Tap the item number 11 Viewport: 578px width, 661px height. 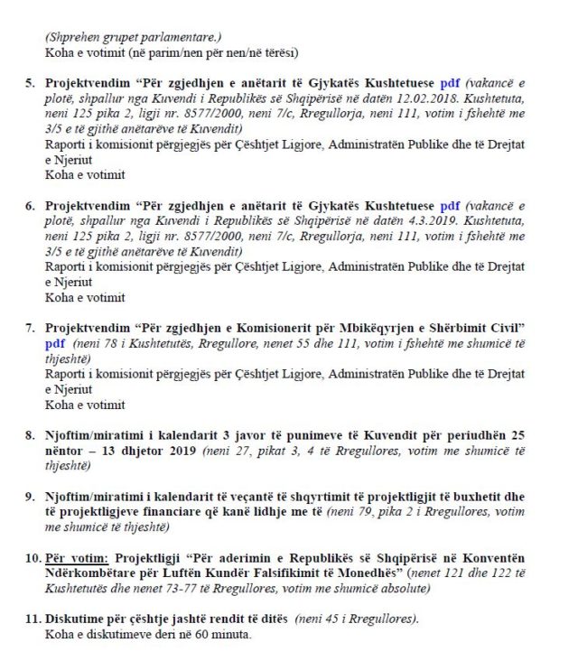[x=30, y=619]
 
